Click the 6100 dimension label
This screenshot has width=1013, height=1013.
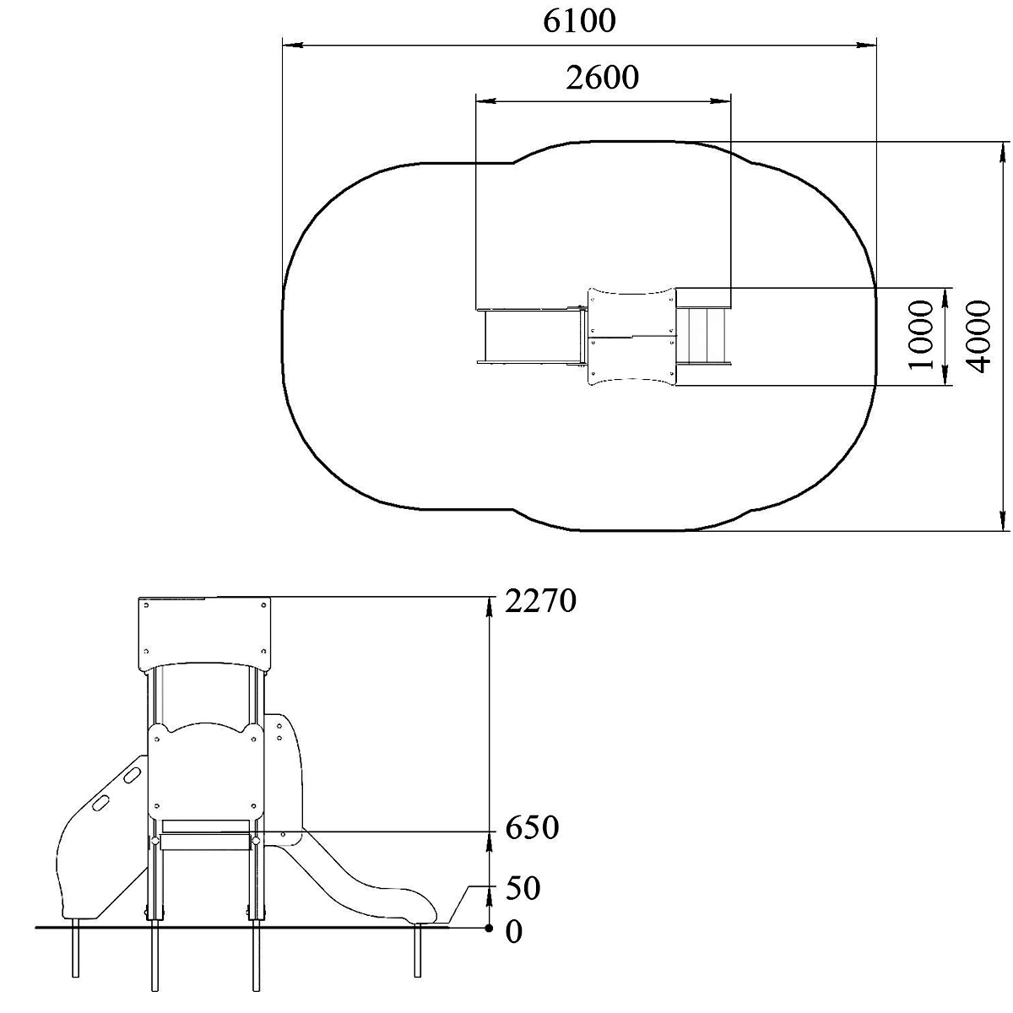coord(579,22)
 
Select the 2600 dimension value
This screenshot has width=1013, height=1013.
coord(603,78)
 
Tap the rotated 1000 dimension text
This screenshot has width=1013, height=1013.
coord(920,335)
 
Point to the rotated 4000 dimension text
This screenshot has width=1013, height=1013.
coord(978,336)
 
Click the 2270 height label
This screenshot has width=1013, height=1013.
coord(540,601)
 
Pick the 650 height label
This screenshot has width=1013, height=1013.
coord(532,828)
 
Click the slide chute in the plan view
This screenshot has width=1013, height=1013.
coord(531,336)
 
